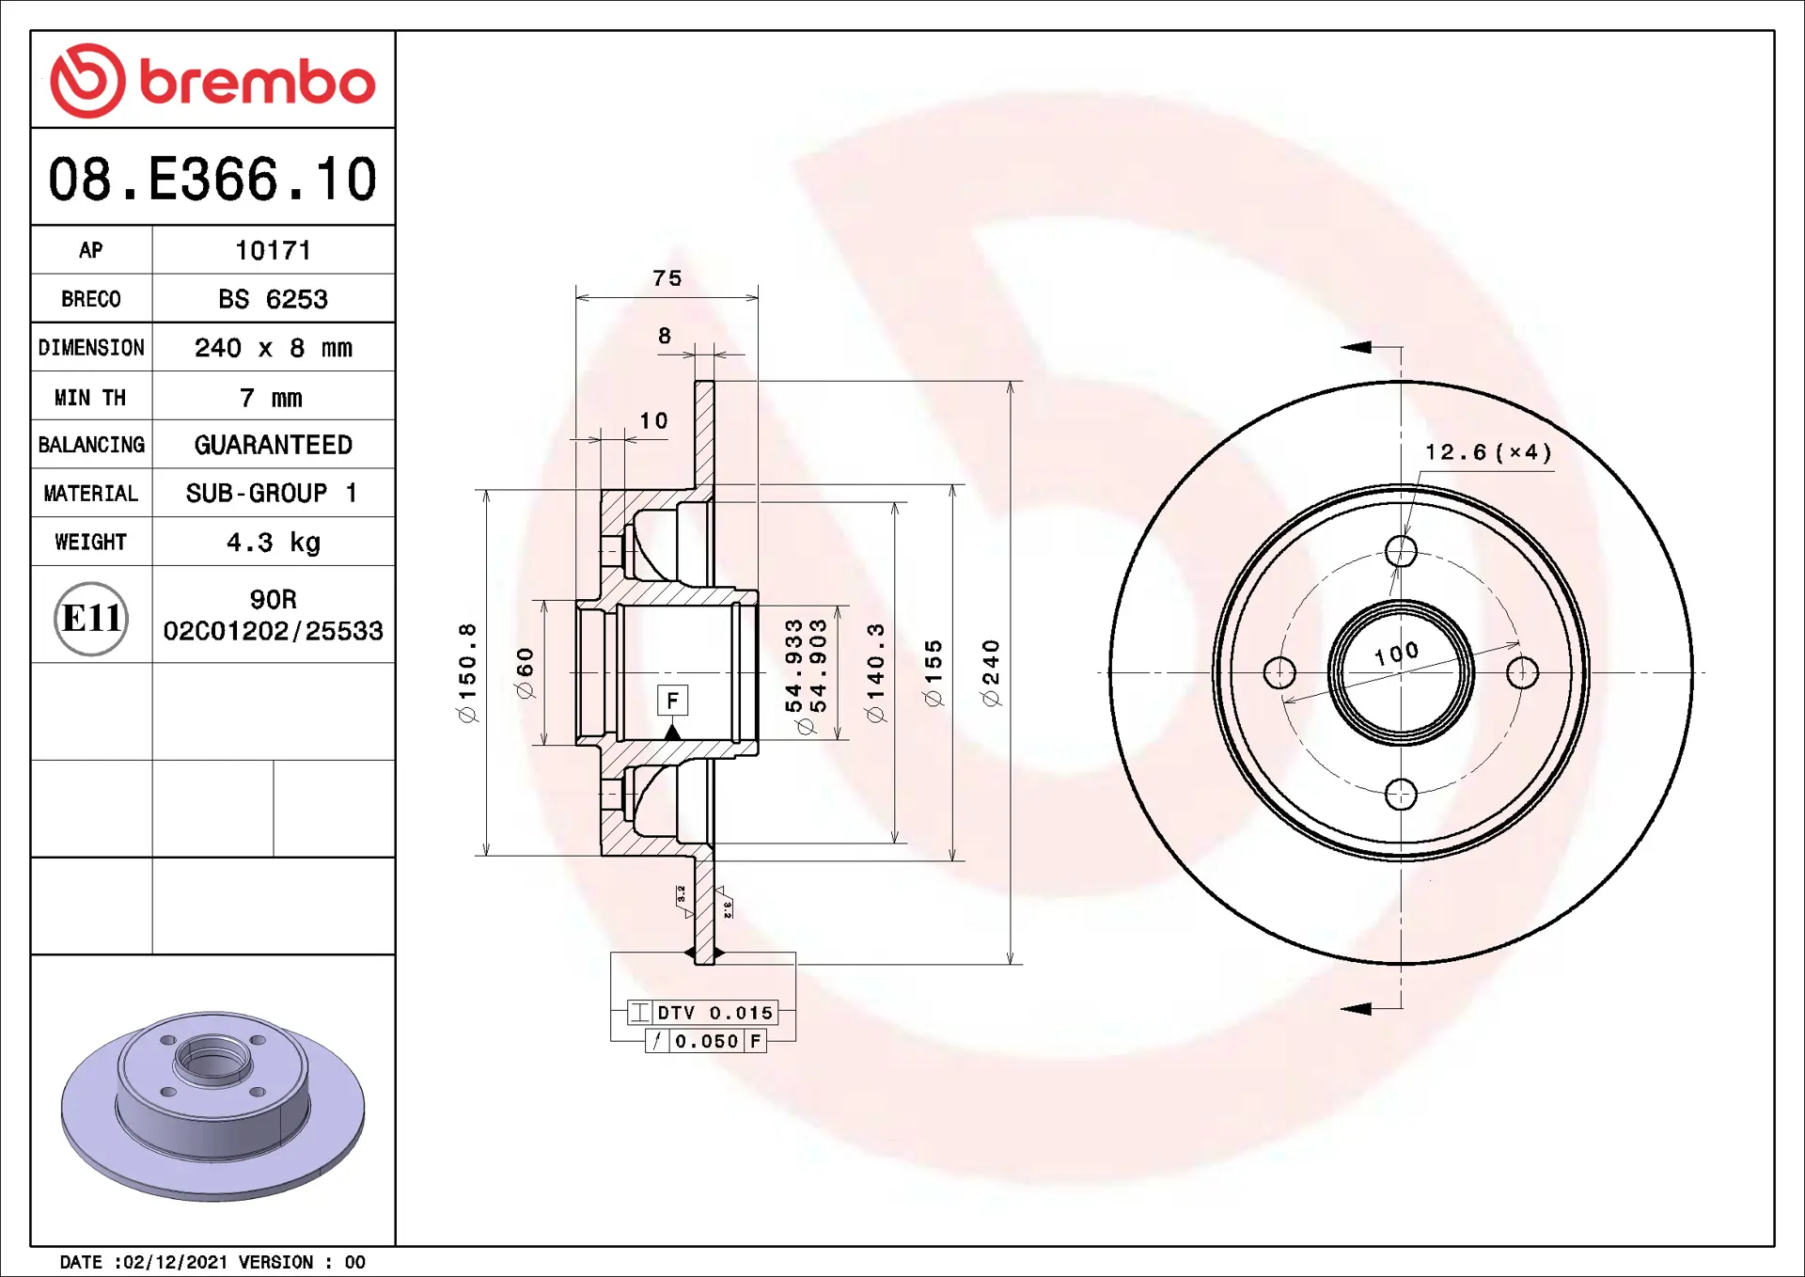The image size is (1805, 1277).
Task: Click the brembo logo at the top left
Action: tap(212, 81)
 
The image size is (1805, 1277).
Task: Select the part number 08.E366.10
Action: tap(212, 179)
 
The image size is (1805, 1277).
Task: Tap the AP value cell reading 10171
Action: tap(273, 250)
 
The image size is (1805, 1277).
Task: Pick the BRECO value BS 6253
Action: tap(273, 299)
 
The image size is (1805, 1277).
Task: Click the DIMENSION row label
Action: tap(91, 348)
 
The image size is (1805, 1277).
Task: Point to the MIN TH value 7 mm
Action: tap(271, 398)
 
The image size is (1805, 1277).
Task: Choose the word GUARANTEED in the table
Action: tap(273, 445)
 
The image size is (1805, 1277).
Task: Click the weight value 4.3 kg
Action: tap(273, 543)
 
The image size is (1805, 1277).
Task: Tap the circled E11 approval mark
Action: tap(91, 618)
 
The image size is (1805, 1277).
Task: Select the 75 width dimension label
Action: tap(667, 278)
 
